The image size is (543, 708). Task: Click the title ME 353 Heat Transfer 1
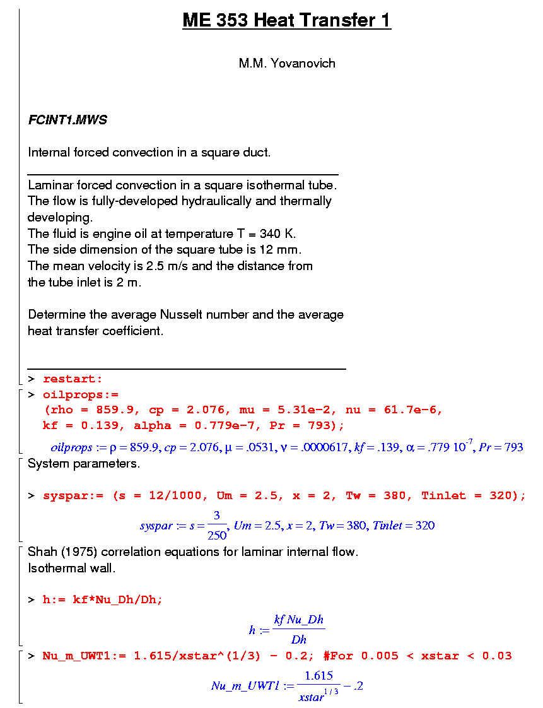(x=286, y=20)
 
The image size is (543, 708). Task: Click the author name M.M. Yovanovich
(x=286, y=63)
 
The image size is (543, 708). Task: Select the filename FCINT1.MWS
(x=67, y=120)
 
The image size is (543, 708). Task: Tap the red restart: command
(x=73, y=379)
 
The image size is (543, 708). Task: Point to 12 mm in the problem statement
(x=284, y=249)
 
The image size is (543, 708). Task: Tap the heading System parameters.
(x=84, y=464)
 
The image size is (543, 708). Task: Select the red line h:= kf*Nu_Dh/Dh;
(x=102, y=599)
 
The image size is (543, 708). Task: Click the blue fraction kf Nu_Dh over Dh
(x=298, y=629)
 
